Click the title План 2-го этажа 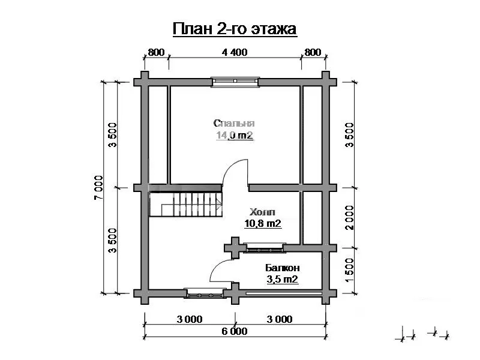235,29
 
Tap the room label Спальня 234,123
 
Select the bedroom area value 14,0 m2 235,135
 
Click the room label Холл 262,212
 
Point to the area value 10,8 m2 263,223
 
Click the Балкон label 283,268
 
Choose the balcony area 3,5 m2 282,279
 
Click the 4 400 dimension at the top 235,52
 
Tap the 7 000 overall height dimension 98,188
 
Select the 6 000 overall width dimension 235,331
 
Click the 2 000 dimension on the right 349,218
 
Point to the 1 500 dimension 349,271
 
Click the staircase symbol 185,204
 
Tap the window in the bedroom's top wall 235,82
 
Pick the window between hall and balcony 265,248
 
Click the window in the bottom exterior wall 205,293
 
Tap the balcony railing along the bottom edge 284,293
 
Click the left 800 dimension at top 156,52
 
